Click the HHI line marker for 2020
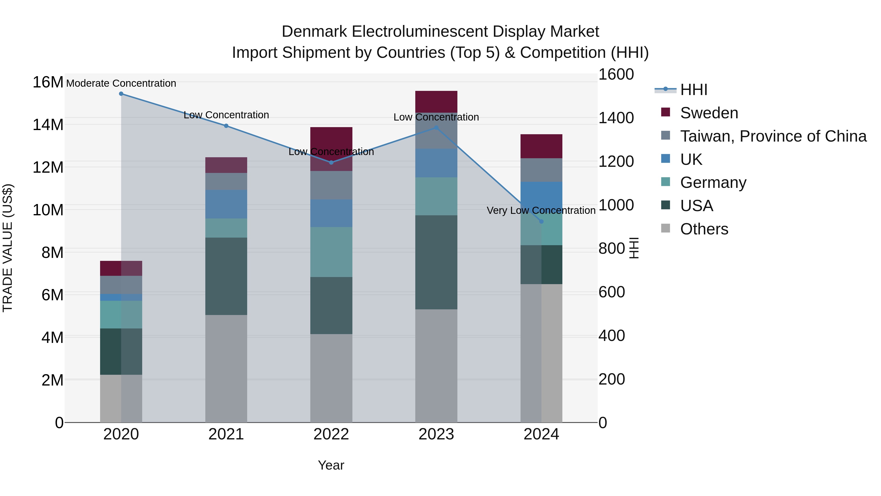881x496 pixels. coord(121,94)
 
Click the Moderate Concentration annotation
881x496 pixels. coord(121,84)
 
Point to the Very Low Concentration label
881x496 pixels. coord(541,210)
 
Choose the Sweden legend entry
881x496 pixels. coord(709,113)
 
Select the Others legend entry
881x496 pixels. coord(704,229)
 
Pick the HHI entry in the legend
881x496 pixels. coord(694,90)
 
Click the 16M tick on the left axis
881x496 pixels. coord(48,83)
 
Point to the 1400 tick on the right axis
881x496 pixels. coord(616,118)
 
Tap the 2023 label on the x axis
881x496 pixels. coord(436,434)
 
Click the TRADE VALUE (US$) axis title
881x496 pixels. coord(8,248)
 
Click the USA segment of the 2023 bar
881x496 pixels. coord(436,262)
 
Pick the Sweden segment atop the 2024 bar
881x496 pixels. coord(541,146)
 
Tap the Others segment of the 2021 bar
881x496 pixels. coord(226,368)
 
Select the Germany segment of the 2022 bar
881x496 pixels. coord(331,252)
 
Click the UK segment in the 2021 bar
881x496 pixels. coord(226,204)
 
